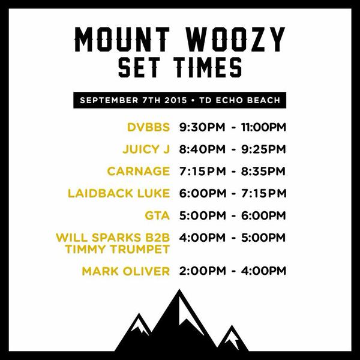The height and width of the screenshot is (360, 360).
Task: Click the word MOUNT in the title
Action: point(122,39)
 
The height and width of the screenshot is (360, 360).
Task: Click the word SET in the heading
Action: point(142,67)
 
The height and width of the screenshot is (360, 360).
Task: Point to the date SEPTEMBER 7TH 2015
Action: point(133,100)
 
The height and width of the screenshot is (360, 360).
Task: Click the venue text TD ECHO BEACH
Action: point(240,100)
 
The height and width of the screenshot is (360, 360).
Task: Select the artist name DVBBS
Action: point(149,127)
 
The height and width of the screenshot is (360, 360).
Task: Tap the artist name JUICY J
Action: point(146,149)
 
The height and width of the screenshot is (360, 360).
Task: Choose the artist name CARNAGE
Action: point(139,171)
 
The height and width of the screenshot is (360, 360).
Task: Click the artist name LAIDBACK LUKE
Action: point(119,193)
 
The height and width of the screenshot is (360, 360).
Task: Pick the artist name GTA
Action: point(157,215)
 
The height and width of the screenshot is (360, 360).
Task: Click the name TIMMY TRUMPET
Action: point(118,250)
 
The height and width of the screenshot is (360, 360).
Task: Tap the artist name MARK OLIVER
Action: point(126,271)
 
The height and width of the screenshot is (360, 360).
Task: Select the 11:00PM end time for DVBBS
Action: point(263,127)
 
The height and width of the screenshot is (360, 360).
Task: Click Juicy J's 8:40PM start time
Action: point(202,149)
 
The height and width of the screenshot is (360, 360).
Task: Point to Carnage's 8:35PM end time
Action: point(263,171)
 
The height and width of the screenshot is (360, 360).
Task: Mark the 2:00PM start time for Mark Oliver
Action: point(203,271)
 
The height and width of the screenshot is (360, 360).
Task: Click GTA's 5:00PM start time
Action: point(203,215)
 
